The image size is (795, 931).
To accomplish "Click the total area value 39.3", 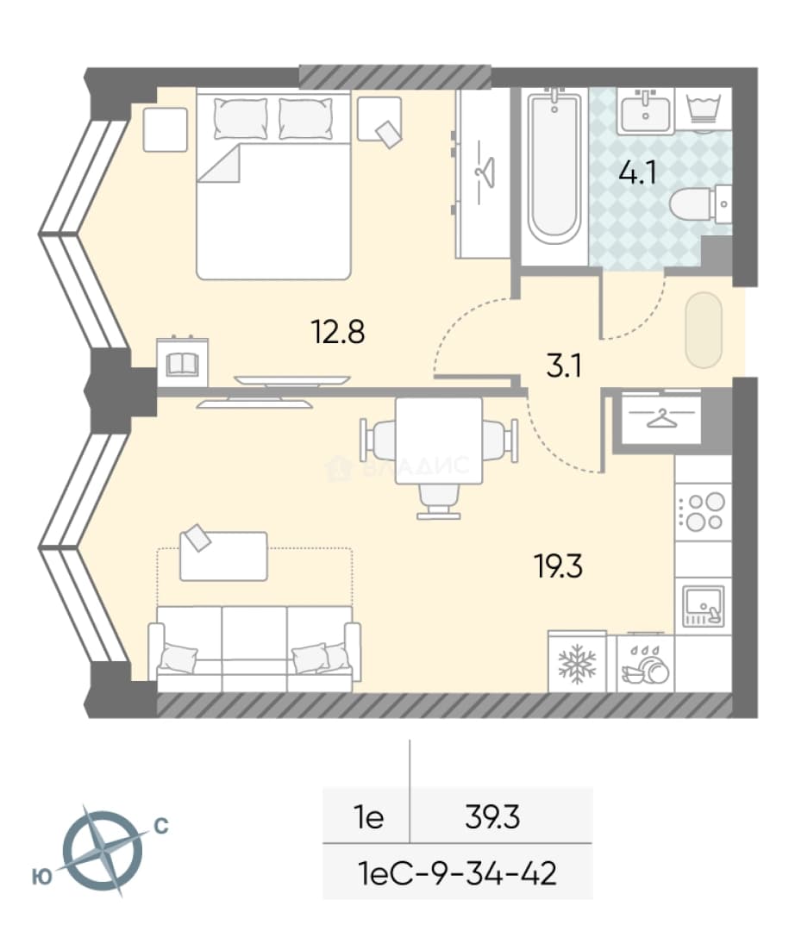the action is (x=492, y=817).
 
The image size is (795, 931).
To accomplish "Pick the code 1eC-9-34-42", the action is (x=458, y=873).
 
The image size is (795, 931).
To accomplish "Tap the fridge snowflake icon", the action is (x=577, y=664).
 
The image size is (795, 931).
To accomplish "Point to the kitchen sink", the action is (x=704, y=606).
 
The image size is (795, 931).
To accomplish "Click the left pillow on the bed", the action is (x=241, y=119).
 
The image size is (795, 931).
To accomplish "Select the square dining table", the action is (x=439, y=440).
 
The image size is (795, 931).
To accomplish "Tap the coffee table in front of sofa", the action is (x=223, y=556).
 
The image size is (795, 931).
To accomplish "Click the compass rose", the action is (x=102, y=851).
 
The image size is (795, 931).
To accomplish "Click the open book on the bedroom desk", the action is (x=182, y=364).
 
